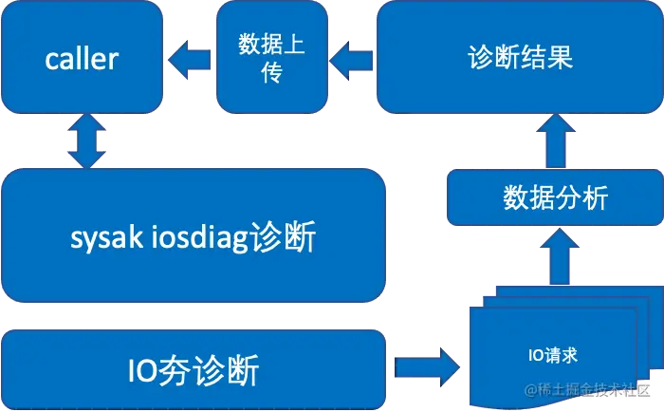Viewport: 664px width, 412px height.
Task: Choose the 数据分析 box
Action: click(x=554, y=199)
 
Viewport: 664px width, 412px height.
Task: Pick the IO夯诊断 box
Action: click(x=194, y=368)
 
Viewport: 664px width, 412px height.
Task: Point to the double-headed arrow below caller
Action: click(x=85, y=143)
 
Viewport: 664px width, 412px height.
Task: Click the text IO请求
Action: click(x=553, y=356)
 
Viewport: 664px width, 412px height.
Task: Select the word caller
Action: click(x=82, y=59)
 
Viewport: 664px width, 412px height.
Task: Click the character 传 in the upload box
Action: click(x=273, y=73)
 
